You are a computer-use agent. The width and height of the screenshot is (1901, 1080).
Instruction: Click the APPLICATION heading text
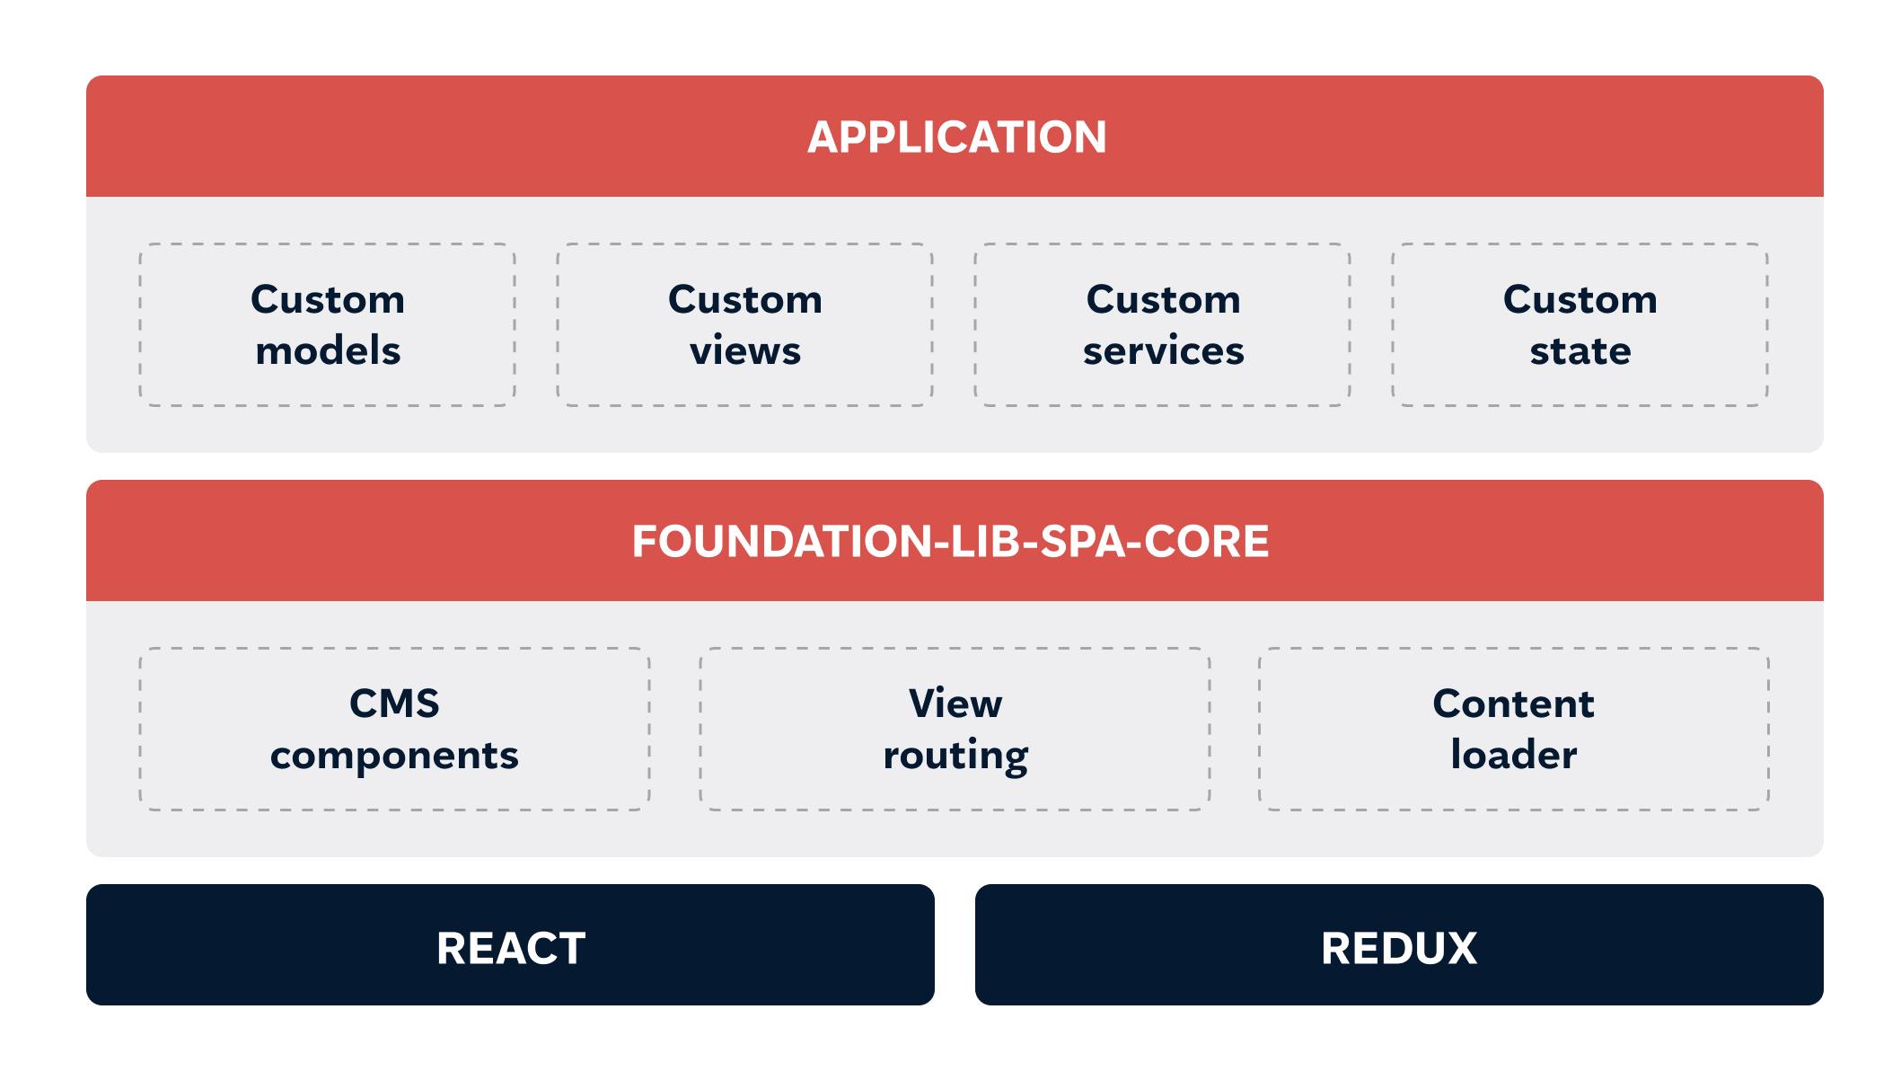pyautogui.click(x=956, y=137)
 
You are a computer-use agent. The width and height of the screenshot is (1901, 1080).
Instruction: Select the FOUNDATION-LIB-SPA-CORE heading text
pyautogui.click(x=950, y=542)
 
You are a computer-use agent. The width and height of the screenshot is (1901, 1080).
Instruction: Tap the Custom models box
pyautogui.click(x=327, y=324)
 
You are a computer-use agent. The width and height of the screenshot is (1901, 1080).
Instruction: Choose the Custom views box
pyautogui.click(x=745, y=324)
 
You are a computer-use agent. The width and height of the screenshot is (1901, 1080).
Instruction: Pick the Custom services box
pyautogui.click(x=1163, y=324)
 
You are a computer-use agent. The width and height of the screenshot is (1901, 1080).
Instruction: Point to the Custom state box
pyautogui.click(x=1580, y=324)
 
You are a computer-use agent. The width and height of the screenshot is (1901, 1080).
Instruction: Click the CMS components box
pyautogui.click(x=394, y=729)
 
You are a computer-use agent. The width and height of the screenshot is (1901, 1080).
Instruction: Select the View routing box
pyautogui.click(x=955, y=729)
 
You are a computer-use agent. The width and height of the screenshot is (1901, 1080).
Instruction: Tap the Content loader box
pyautogui.click(x=1514, y=729)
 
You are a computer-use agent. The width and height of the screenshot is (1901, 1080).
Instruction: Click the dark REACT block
pyautogui.click(x=510, y=944)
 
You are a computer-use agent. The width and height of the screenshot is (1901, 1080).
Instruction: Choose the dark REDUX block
pyautogui.click(x=1399, y=944)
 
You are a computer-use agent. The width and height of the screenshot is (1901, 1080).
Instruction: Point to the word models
pyautogui.click(x=328, y=350)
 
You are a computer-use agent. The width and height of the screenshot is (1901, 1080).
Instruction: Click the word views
pyautogui.click(x=745, y=350)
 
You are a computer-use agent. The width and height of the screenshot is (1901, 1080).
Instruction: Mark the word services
pyautogui.click(x=1164, y=350)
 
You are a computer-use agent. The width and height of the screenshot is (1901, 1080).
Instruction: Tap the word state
pyautogui.click(x=1580, y=350)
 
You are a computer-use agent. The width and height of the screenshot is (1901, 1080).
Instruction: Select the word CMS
pyautogui.click(x=394, y=704)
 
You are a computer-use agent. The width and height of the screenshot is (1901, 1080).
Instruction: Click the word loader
pyautogui.click(x=1514, y=755)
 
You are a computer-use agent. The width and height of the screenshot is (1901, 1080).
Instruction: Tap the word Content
pyautogui.click(x=1514, y=704)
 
